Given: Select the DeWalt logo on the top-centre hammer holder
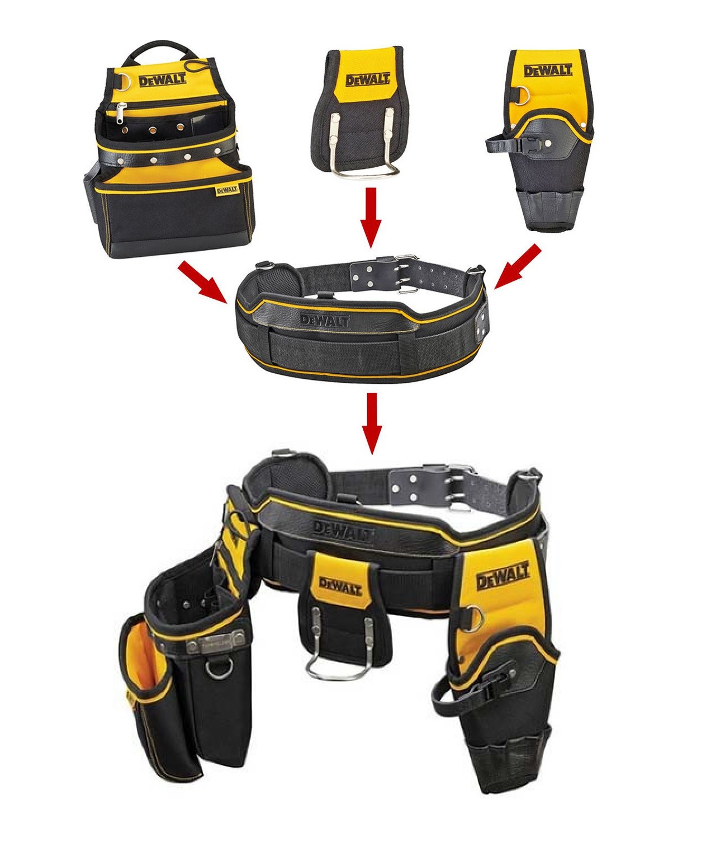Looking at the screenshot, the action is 368,79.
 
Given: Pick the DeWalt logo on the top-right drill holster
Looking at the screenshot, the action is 547,70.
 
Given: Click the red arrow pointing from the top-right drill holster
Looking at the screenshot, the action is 518,266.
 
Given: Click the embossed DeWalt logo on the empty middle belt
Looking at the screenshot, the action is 325,321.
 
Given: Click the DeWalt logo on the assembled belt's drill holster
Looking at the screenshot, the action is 503,575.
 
